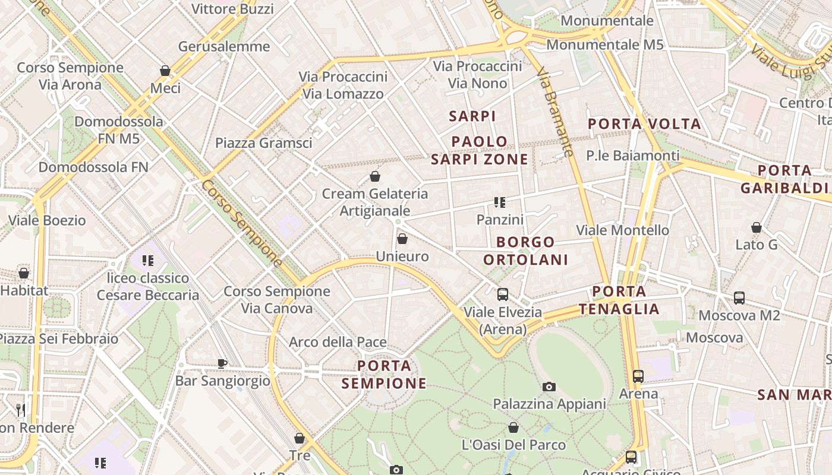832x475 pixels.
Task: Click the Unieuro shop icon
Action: pyautogui.click(x=402, y=239)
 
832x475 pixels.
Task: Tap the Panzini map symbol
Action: pyautogui.click(x=500, y=202)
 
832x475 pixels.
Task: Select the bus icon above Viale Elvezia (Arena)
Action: pyautogui.click(x=503, y=294)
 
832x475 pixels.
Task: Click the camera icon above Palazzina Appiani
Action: pyautogui.click(x=549, y=387)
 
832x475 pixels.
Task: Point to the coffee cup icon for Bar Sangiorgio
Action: pyautogui.click(x=222, y=363)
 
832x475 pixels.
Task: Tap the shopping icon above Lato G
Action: pyautogui.click(x=757, y=227)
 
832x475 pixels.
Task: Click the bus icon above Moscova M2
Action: pyautogui.click(x=739, y=298)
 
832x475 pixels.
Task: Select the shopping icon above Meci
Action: pyautogui.click(x=165, y=71)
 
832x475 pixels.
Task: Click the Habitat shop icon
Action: pyautogui.click(x=24, y=273)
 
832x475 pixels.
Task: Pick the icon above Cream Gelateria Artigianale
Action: pyautogui.click(x=375, y=176)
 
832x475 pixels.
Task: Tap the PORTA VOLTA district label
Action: pyautogui.click(x=645, y=124)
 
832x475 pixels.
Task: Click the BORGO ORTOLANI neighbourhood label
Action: pyautogui.click(x=525, y=251)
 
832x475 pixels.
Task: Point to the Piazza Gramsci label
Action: pyautogui.click(x=263, y=143)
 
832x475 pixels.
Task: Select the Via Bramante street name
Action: pyautogui.click(x=555, y=112)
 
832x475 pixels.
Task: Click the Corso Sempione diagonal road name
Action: pyautogui.click(x=242, y=223)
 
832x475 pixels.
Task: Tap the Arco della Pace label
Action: pyautogui.click(x=338, y=343)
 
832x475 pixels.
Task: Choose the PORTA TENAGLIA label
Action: pyautogui.click(x=619, y=300)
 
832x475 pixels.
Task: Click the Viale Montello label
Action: pyautogui.click(x=623, y=230)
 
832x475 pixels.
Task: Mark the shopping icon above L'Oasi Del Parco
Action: pyautogui.click(x=513, y=427)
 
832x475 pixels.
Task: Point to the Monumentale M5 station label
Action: pyautogui.click(x=605, y=45)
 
